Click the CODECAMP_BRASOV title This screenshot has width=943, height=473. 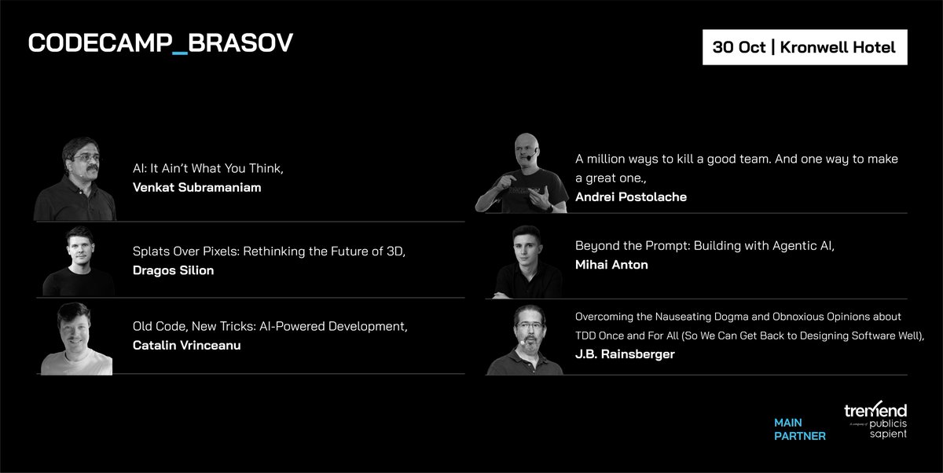tap(160, 44)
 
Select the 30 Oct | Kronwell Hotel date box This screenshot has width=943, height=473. tap(804, 47)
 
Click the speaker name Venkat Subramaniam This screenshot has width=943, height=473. tap(196, 187)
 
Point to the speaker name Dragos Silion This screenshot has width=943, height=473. tap(173, 270)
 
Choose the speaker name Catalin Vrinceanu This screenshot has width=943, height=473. tap(186, 345)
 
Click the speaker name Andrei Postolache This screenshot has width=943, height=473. tap(630, 197)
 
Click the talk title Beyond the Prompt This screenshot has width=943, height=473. tap(704, 246)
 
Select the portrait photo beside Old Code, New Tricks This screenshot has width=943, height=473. tap(77, 339)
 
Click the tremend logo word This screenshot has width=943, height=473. tap(875, 410)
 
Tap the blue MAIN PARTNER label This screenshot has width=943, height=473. tap(799, 429)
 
